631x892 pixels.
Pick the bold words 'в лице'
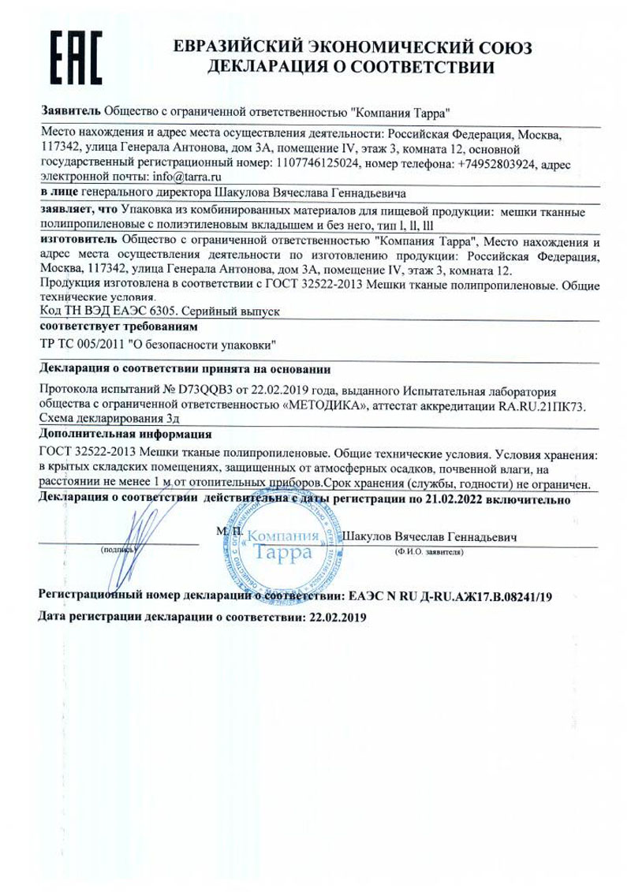pos(58,192)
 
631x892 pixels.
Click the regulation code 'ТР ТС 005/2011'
pos(87,345)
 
